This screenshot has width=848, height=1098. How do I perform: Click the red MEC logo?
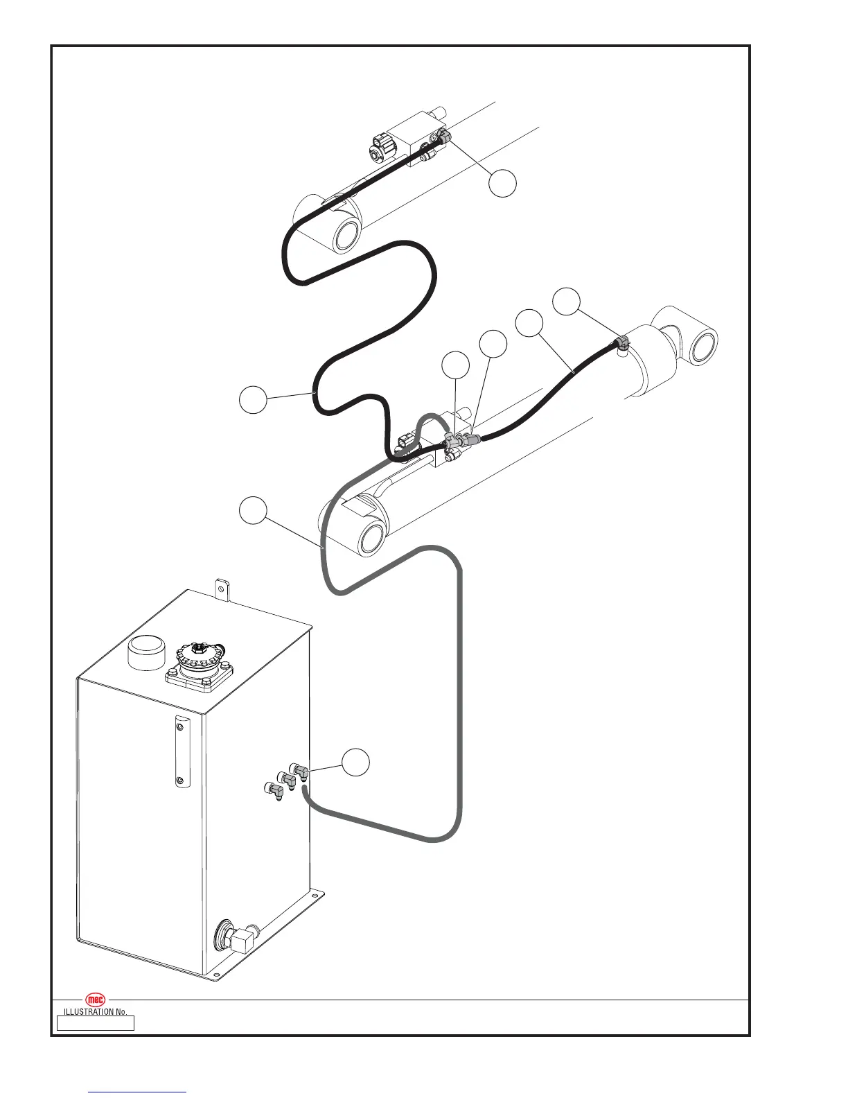point(95,1000)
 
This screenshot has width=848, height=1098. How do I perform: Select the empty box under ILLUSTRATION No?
point(95,1023)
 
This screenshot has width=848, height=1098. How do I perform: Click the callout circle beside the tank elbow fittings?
point(355,762)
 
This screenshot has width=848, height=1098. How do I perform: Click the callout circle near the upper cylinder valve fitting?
point(502,183)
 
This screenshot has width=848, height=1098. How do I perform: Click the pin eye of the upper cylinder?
point(346,237)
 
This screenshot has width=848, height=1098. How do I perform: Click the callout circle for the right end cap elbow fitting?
point(566,302)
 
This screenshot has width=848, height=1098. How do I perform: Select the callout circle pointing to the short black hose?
point(530,324)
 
